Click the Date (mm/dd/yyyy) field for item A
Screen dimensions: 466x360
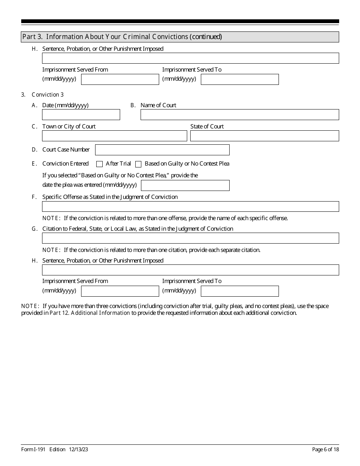tap(81, 115)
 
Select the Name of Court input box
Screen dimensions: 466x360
tap(239, 115)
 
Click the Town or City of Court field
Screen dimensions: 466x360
tap(114, 136)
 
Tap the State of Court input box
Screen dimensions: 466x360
tap(265, 136)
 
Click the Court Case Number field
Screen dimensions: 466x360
tap(162, 150)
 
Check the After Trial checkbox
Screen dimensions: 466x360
tap(100, 164)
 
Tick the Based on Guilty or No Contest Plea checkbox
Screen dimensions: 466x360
tap(138, 164)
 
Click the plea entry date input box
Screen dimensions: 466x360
tap(185, 185)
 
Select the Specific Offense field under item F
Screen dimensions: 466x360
tap(190, 206)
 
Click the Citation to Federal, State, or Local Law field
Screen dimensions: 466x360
tap(190, 238)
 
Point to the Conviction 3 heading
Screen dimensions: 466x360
tap(48, 95)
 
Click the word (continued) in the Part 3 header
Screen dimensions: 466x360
tap(206, 37)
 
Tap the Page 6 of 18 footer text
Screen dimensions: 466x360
tap(325, 450)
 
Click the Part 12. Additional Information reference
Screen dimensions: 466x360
tap(90, 313)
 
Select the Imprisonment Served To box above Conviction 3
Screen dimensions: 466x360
tap(239, 79)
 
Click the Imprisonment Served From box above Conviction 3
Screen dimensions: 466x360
tap(120, 79)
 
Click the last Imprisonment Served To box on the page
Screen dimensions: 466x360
tap(239, 291)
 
